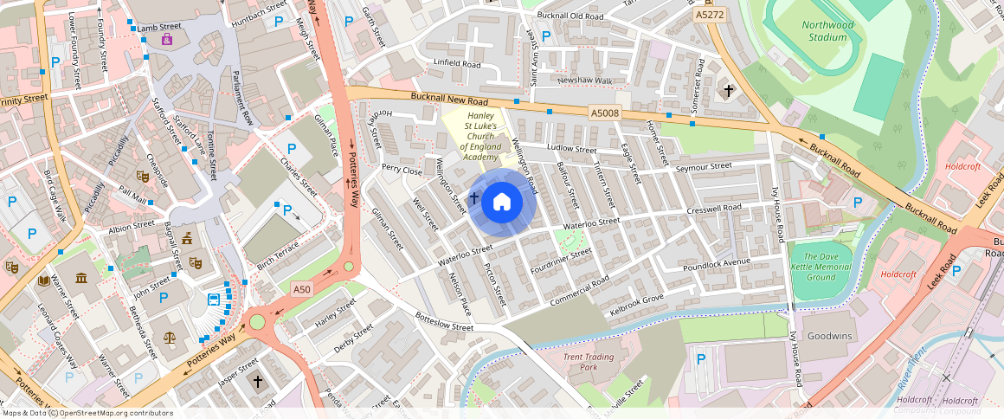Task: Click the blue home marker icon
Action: tap(501, 203)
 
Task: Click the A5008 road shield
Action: tap(605, 113)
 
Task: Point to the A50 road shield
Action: tap(301, 289)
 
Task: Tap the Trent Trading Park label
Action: tap(588, 362)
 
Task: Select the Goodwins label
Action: tap(829, 336)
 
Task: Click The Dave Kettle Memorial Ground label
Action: tap(821, 267)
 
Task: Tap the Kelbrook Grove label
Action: tap(636, 304)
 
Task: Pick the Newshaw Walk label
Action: tap(584, 81)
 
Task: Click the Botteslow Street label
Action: tap(444, 321)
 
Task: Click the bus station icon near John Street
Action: tap(214, 301)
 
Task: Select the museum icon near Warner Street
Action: tap(81, 278)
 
